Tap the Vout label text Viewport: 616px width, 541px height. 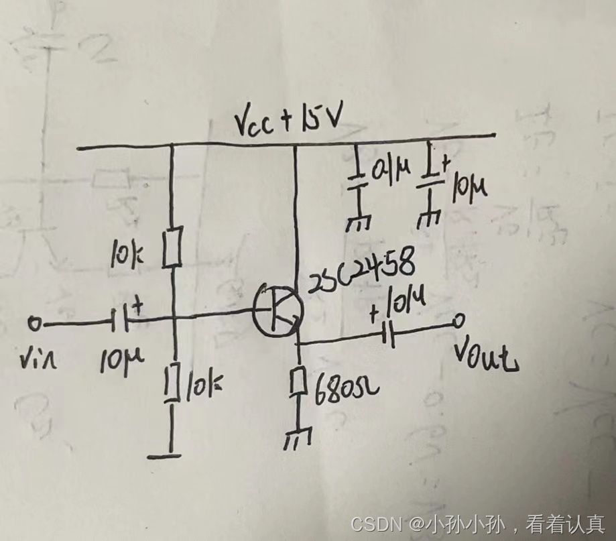pos(485,356)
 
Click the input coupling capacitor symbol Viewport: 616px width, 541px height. pos(121,323)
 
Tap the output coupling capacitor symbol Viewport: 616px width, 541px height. pos(387,333)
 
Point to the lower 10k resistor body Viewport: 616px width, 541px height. pos(173,383)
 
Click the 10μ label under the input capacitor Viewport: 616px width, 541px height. pos(116,364)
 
